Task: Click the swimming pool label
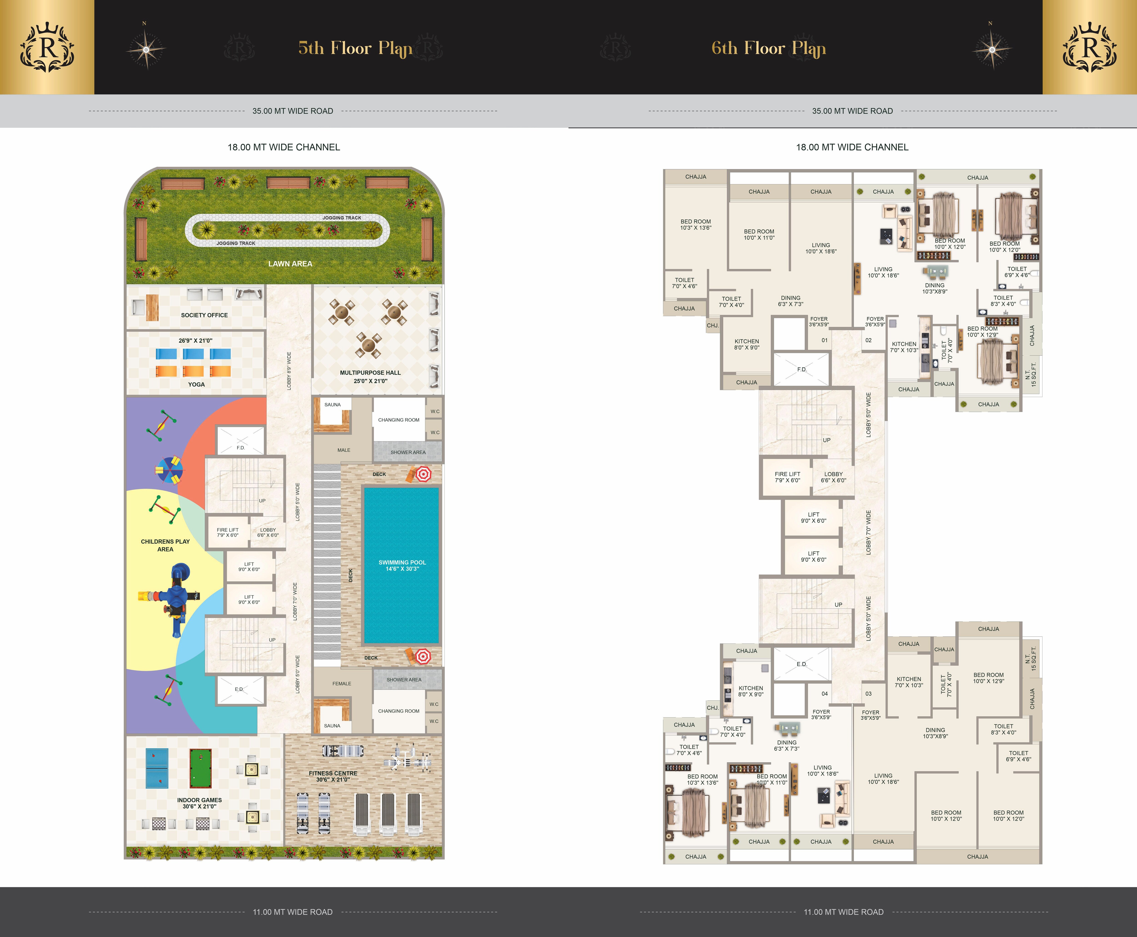click(402, 565)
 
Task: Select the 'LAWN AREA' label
click(290, 263)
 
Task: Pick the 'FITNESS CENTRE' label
click(333, 773)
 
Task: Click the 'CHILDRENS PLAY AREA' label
click(165, 545)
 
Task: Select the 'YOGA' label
click(196, 384)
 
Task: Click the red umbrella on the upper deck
click(423, 474)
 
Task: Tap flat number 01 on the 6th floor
click(824, 340)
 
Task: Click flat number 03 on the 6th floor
click(868, 694)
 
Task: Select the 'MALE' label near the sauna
click(344, 450)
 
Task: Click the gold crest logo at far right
click(1089, 48)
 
